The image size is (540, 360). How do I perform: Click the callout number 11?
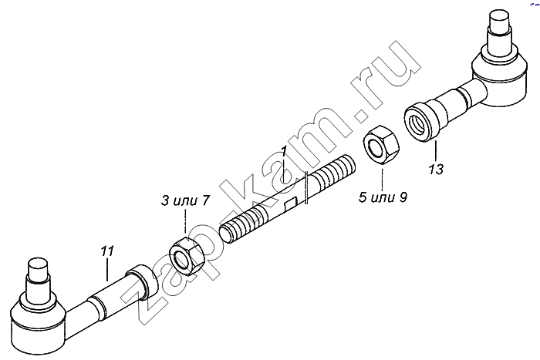coord(107,251)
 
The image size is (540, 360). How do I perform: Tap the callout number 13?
coord(436,170)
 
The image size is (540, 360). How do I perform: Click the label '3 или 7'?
coord(185,200)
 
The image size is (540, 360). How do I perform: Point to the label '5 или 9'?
coord(383,197)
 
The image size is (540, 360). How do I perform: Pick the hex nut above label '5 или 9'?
coord(382,145)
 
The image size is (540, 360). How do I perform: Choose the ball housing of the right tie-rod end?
coord(498,79)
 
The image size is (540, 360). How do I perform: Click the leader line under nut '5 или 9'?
coord(382,177)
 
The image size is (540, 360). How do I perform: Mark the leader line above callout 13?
coord(435,152)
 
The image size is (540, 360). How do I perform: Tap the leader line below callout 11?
coord(107,270)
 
